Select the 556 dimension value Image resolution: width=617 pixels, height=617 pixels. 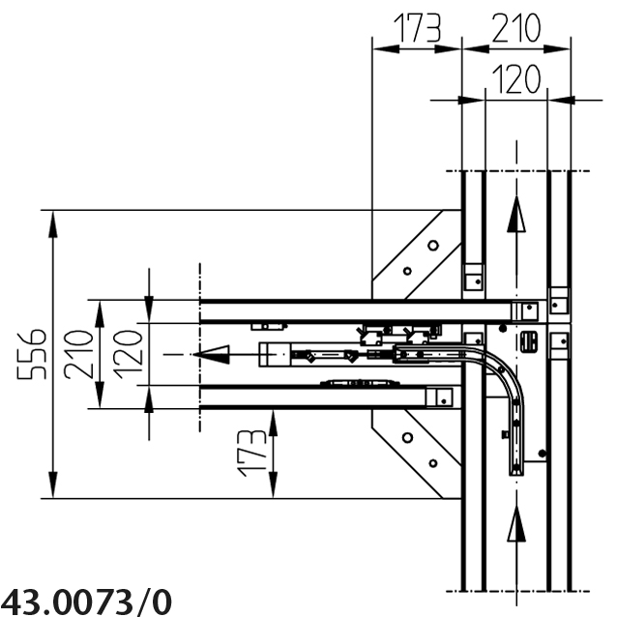[32, 354]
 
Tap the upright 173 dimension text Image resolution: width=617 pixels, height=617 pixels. [418, 27]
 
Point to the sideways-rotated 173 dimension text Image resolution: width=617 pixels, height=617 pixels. [251, 453]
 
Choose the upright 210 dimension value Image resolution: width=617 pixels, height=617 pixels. [516, 27]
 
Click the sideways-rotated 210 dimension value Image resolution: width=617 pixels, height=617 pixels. [78, 354]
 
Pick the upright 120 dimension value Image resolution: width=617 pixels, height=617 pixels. [516, 79]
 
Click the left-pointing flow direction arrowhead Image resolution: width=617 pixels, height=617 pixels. [211, 355]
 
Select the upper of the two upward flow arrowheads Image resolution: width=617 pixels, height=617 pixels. [516, 214]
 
